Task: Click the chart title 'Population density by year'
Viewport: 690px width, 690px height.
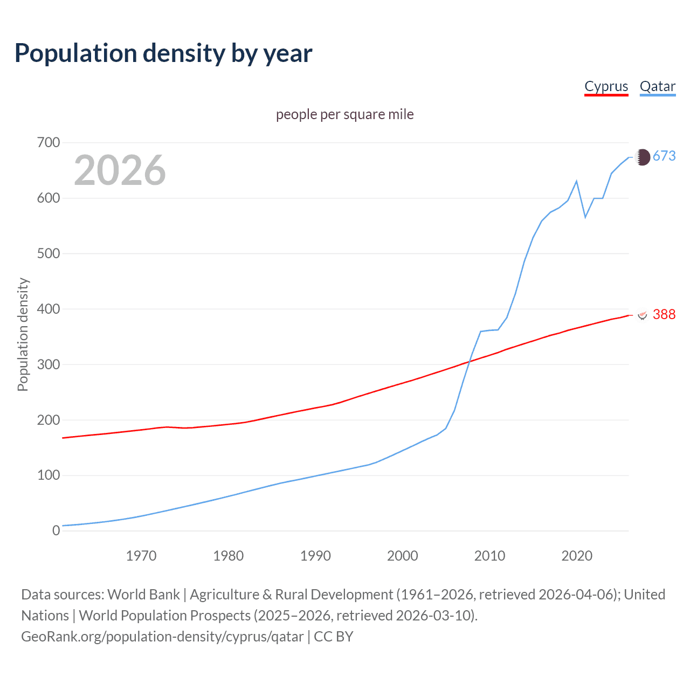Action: pos(163,53)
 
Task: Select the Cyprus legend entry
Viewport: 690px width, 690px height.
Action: pos(606,86)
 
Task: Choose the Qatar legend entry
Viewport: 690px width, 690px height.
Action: pos(657,86)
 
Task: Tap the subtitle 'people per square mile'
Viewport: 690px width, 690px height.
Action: pos(344,114)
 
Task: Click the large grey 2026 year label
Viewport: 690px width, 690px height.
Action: pos(120,170)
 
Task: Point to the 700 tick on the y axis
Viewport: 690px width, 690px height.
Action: pos(48,143)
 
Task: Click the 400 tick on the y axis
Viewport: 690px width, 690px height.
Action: pos(48,309)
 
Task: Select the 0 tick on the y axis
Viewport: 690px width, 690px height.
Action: pos(56,531)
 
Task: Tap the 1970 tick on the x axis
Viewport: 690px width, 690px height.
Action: pos(141,556)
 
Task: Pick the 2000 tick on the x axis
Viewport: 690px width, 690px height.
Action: pos(403,556)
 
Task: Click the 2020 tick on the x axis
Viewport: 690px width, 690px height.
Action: pos(577,556)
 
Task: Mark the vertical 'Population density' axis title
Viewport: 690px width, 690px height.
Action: pos(23,334)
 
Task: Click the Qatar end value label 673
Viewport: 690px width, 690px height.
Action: pos(664,156)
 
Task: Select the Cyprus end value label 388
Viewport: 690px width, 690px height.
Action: pos(664,314)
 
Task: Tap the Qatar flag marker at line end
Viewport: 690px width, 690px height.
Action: pos(642,157)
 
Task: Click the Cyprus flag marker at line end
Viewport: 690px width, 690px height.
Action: pos(642,315)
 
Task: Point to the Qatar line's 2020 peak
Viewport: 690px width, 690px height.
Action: pos(577,181)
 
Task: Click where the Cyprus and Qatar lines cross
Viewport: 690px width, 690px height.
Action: pos(468,362)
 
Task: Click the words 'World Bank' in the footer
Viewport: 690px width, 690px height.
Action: pos(143,595)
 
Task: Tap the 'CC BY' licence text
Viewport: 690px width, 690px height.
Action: pos(333,637)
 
